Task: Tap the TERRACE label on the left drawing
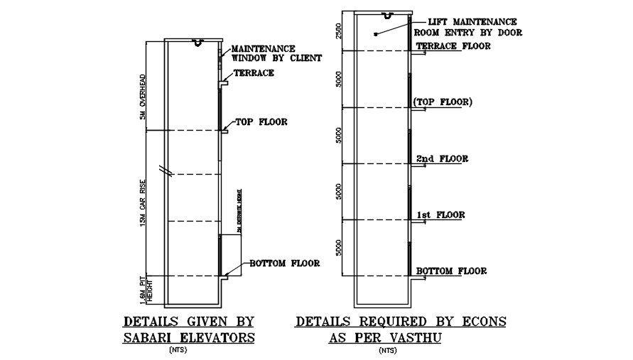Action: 254,72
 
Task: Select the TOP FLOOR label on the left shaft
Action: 261,121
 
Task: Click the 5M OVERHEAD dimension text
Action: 142,97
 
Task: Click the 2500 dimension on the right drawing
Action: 340,30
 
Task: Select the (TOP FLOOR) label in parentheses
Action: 442,102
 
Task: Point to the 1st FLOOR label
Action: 440,214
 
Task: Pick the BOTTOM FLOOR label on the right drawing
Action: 451,271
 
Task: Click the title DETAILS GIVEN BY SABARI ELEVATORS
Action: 188,329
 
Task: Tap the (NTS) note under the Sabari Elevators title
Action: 178,350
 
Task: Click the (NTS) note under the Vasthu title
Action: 388,350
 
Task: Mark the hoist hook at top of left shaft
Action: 198,44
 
